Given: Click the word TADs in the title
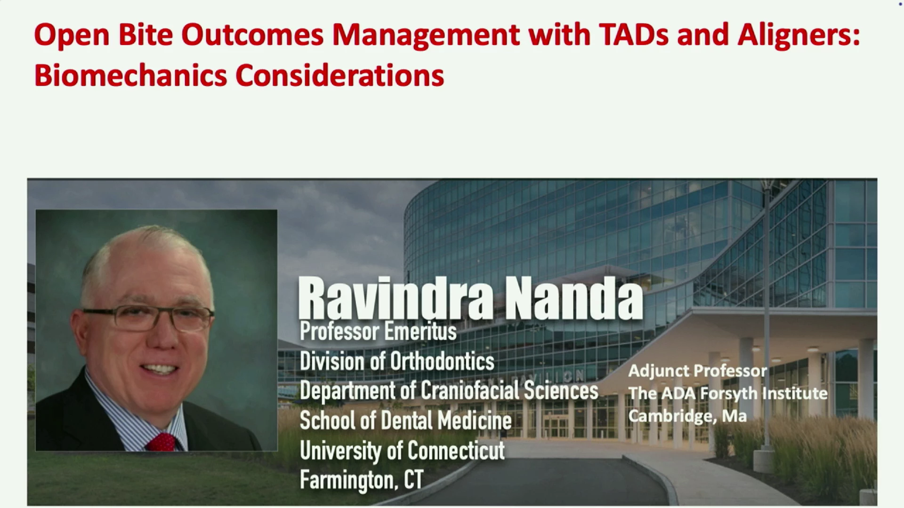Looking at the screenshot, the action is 634,35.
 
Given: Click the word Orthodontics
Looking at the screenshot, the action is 443,361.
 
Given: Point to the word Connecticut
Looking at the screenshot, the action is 456,450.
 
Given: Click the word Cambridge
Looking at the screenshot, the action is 672,416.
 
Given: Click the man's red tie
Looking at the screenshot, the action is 161,442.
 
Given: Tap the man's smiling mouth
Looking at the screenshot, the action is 159,368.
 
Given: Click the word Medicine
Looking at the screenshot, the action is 475,420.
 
